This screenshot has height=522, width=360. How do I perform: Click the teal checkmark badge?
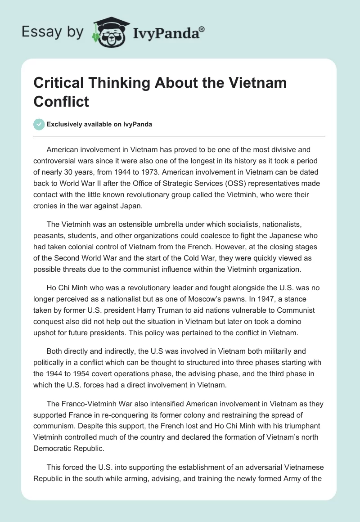[39, 125]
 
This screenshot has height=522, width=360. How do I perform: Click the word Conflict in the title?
[61, 101]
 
